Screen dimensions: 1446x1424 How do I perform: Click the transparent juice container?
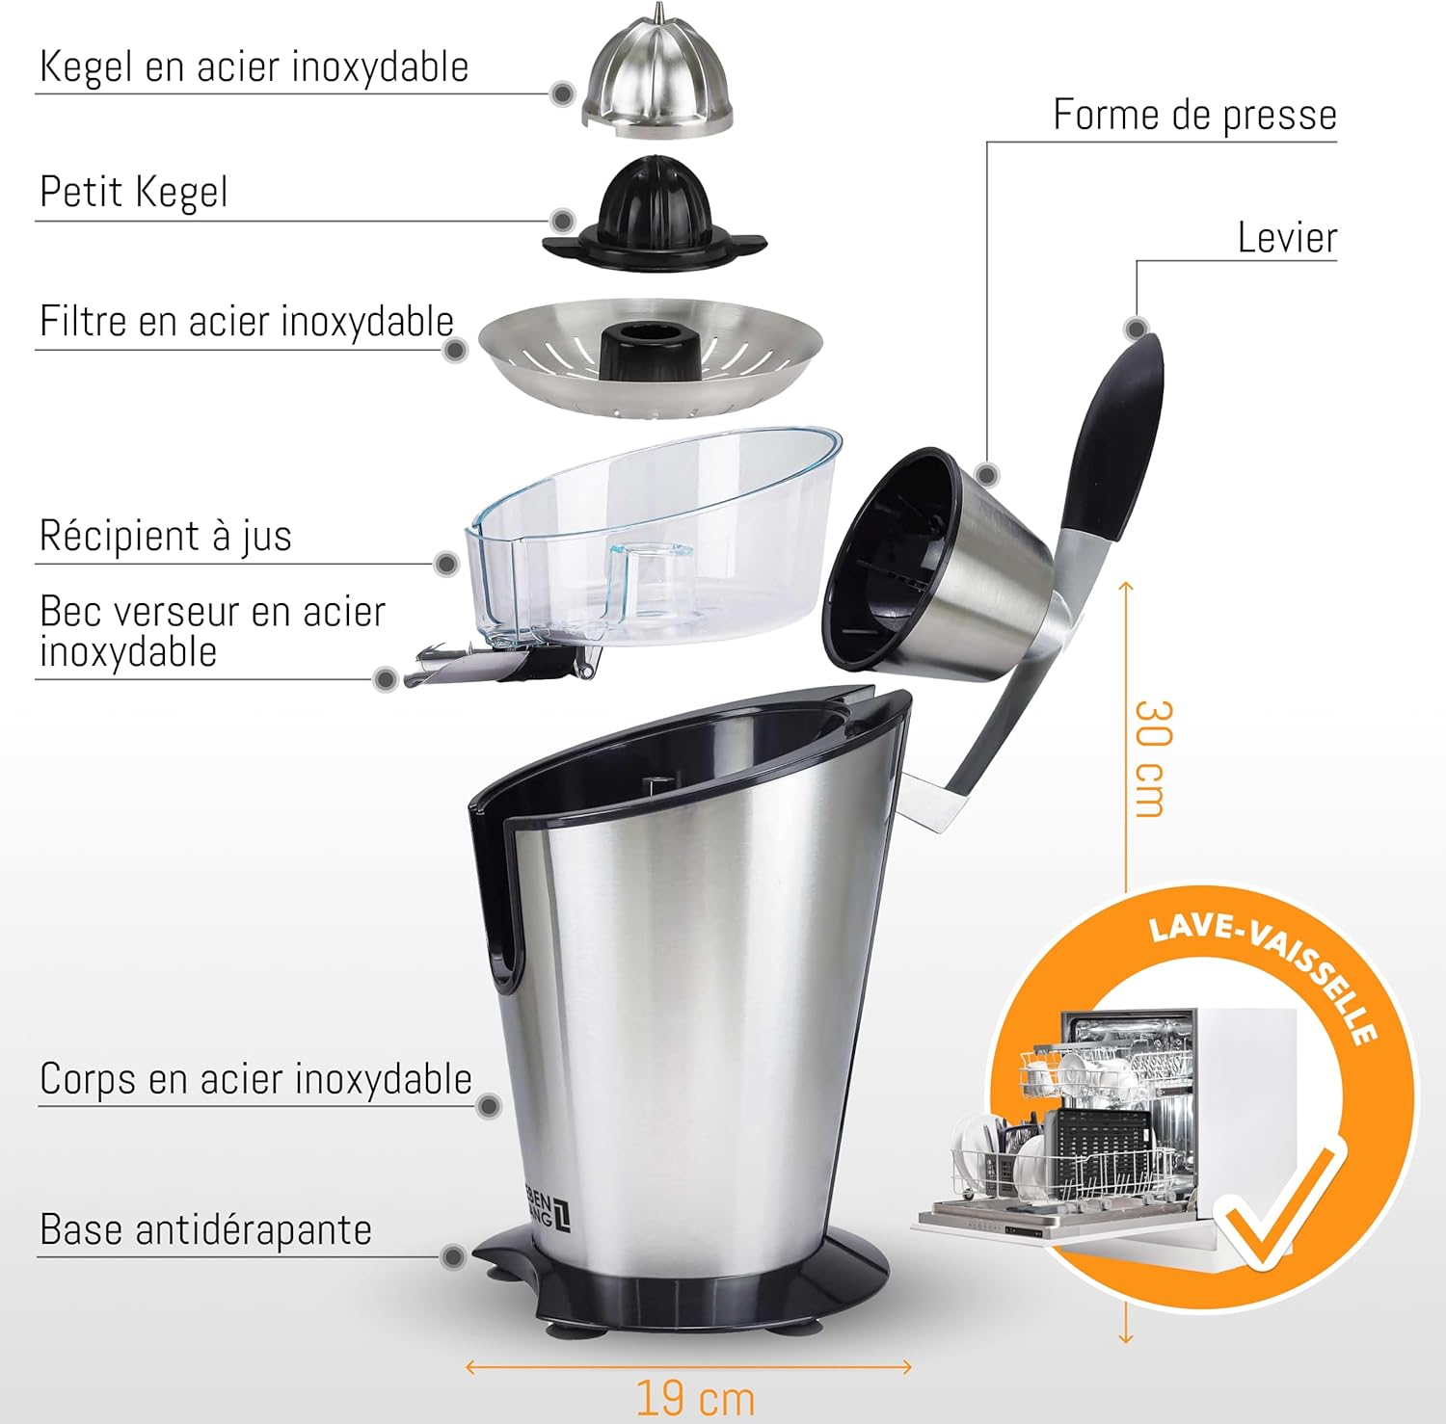click(x=654, y=540)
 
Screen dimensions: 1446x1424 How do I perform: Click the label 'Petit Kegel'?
click(x=134, y=191)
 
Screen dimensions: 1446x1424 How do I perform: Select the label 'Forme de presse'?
click(x=1194, y=115)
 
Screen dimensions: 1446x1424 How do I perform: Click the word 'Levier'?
click(x=1287, y=237)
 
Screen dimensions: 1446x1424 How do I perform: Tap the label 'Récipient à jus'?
click(x=165, y=535)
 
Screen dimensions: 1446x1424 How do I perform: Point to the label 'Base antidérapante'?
click(x=205, y=1229)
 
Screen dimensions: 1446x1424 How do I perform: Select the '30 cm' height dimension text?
click(x=1153, y=758)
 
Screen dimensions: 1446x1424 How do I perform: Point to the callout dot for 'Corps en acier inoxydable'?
click(x=489, y=1105)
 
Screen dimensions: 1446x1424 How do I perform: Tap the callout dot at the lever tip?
click(x=1137, y=330)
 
